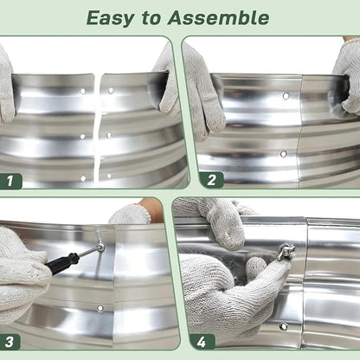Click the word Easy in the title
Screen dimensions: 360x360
click(x=110, y=18)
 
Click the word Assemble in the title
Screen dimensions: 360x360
click(x=218, y=18)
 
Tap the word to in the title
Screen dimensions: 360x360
click(x=151, y=18)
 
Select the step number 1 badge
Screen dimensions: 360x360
click(x=10, y=181)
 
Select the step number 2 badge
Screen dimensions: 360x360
click(x=211, y=180)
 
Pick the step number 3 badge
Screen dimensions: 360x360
click(x=10, y=342)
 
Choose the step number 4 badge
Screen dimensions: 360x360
click(x=202, y=343)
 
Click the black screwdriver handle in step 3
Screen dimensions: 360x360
click(x=61, y=263)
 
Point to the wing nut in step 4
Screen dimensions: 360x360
click(x=286, y=249)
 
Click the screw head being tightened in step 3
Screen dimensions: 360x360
click(x=100, y=247)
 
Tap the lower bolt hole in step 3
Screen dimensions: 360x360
click(x=100, y=308)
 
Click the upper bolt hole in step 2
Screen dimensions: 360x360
click(x=286, y=96)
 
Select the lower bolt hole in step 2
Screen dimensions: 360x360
click(x=284, y=154)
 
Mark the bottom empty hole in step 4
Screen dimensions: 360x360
click(x=283, y=326)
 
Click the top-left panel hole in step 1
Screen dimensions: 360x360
click(x=83, y=91)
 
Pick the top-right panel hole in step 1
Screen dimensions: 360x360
click(x=111, y=91)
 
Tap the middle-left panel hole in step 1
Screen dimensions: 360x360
click(x=82, y=136)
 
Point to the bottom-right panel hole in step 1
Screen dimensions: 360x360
click(x=109, y=176)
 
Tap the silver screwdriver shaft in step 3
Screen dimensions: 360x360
click(x=88, y=252)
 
